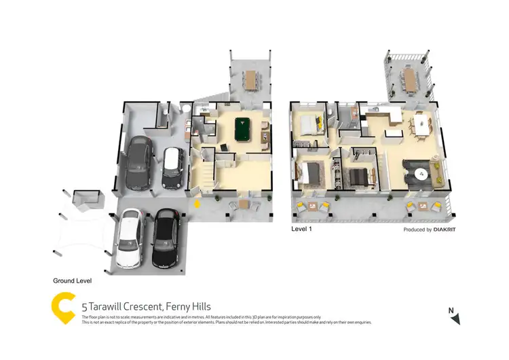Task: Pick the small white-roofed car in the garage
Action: (172, 167)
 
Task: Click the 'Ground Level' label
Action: (73, 280)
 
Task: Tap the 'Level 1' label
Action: (301, 230)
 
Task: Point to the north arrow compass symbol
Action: (455, 317)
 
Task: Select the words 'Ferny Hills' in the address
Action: (184, 306)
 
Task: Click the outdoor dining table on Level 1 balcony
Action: (411, 80)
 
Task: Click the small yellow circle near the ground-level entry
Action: (197, 202)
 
